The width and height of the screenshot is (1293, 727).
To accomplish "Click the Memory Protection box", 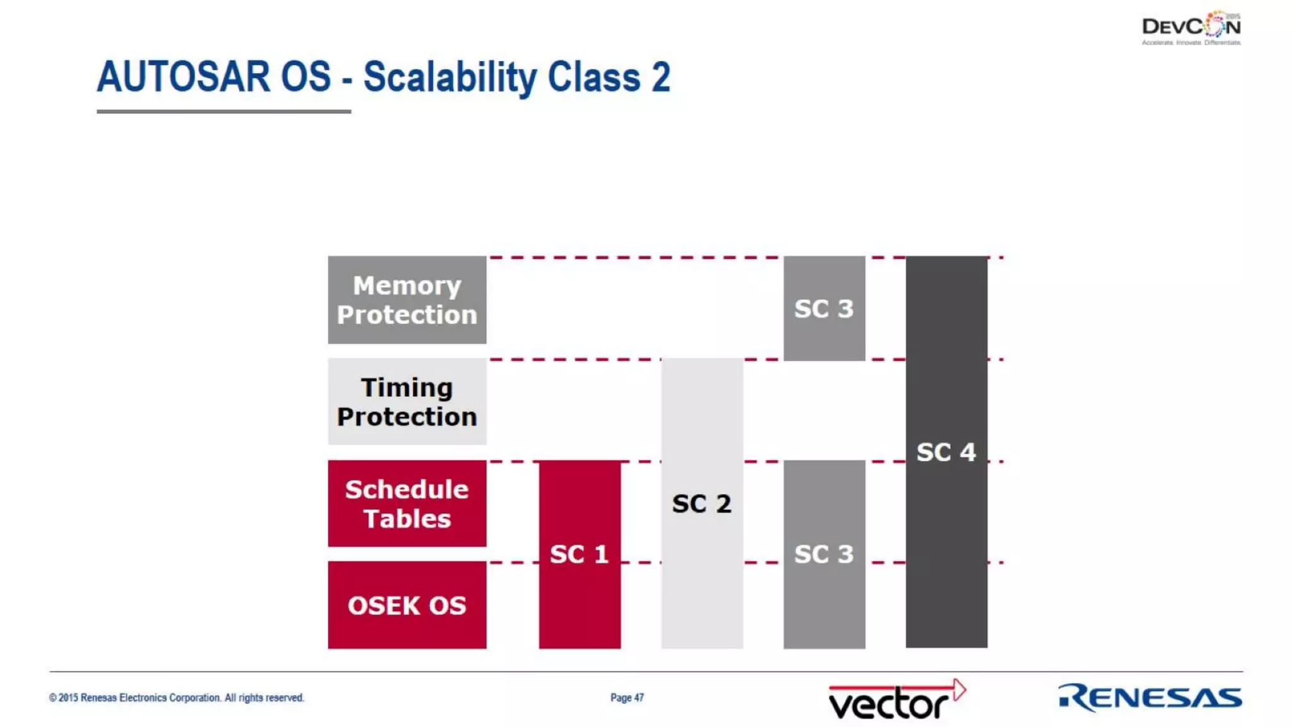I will (407, 300).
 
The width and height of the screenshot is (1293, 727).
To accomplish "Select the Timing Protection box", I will (407, 402).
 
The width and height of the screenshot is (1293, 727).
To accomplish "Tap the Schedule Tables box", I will (407, 504).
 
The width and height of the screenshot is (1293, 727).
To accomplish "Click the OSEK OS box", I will (407, 605).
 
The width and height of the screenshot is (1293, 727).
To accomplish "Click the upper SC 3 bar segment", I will (824, 309).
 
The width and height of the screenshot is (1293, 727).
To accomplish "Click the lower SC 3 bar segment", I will (824, 554).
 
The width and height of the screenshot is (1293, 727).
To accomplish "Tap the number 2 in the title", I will (660, 77).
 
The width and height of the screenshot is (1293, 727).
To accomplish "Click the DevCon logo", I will (1191, 28).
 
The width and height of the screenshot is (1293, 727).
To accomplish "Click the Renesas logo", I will (1150, 697).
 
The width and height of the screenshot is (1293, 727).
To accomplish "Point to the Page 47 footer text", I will (627, 697).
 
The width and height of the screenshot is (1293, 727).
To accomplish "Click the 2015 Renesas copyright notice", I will (177, 697).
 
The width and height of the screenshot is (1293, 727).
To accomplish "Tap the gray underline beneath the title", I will (223, 112).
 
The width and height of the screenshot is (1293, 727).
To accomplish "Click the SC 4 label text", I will (946, 452).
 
